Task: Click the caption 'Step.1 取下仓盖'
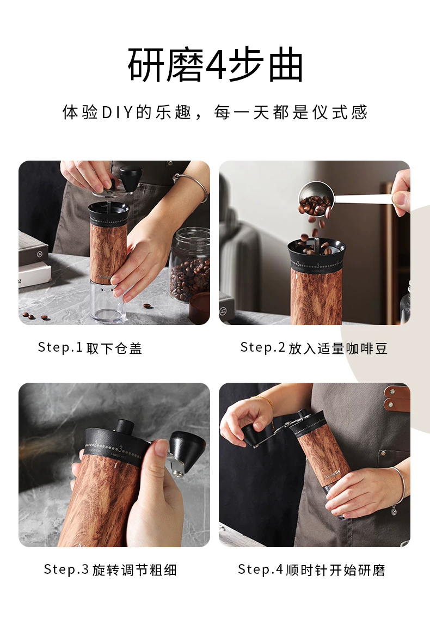tap(90, 348)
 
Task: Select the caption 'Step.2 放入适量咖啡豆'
tap(314, 348)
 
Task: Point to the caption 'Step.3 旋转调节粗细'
tap(110, 569)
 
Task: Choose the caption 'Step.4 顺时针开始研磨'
tap(311, 569)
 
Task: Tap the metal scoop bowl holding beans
tap(316, 199)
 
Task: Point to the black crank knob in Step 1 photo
tap(131, 179)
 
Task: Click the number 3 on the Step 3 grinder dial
tap(120, 449)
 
